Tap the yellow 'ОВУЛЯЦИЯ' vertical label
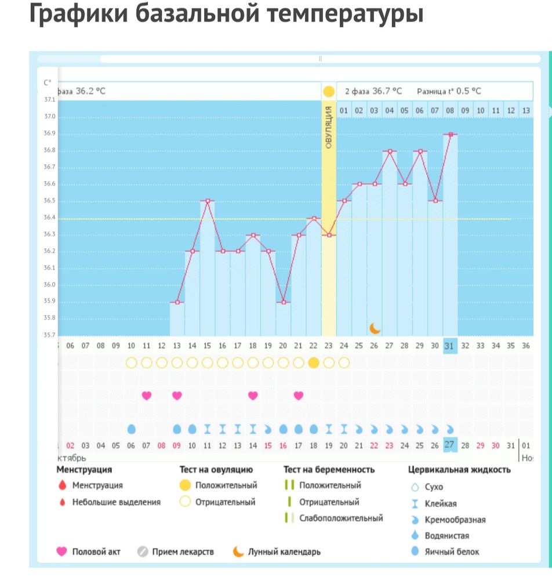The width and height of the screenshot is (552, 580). pos(329,127)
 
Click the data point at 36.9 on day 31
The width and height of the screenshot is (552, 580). pos(450,134)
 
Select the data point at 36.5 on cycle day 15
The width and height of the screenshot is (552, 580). pos(207,201)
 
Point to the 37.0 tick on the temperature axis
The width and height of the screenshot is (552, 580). pos(49,117)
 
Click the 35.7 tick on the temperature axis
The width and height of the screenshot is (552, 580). pos(49,335)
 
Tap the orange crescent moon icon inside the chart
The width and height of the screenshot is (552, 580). pos(375,328)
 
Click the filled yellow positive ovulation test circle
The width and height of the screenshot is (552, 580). pos(314,362)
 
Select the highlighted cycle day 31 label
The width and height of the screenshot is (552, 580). pos(449,345)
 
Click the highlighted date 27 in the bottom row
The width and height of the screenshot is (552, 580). pos(449,445)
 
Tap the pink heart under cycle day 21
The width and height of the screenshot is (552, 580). pos(298,396)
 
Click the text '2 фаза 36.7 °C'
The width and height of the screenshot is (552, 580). pos(373,91)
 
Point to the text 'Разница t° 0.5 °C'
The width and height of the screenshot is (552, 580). pos(449,91)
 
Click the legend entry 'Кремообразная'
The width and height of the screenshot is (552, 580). pos(455,520)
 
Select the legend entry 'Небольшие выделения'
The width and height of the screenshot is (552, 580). pos(116,502)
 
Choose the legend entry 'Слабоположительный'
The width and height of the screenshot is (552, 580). pos(341,518)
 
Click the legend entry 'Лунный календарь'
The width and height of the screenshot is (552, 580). pos(284,552)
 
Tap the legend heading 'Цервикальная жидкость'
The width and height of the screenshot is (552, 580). pos(459,469)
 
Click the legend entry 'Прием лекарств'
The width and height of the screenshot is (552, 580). pos(183,552)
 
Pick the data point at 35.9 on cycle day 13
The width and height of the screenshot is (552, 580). pos(177,302)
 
